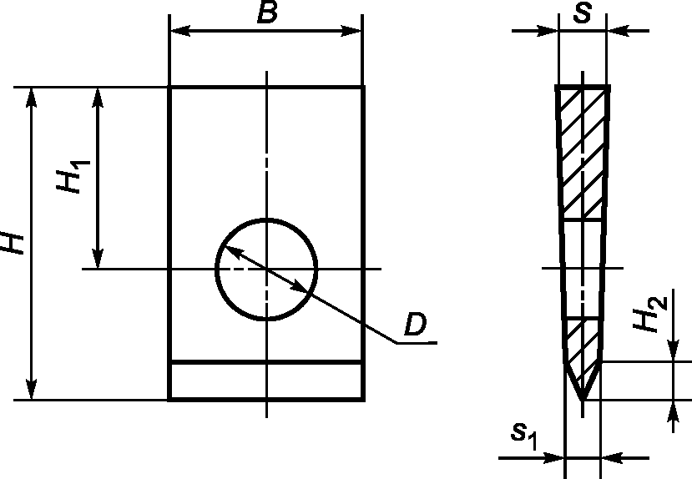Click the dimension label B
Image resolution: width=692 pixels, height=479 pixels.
pyautogui.click(x=267, y=12)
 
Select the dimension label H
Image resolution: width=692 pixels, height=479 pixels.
pyautogui.click(x=13, y=242)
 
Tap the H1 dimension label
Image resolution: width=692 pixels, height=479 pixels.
pyautogui.click(x=73, y=176)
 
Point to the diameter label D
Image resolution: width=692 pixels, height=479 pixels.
pyautogui.click(x=416, y=324)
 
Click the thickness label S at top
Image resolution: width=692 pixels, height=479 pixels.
pyautogui.click(x=582, y=12)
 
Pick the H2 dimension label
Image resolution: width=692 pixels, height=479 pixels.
pyautogui.click(x=649, y=314)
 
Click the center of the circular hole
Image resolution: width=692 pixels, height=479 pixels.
pyautogui.click(x=266, y=268)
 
